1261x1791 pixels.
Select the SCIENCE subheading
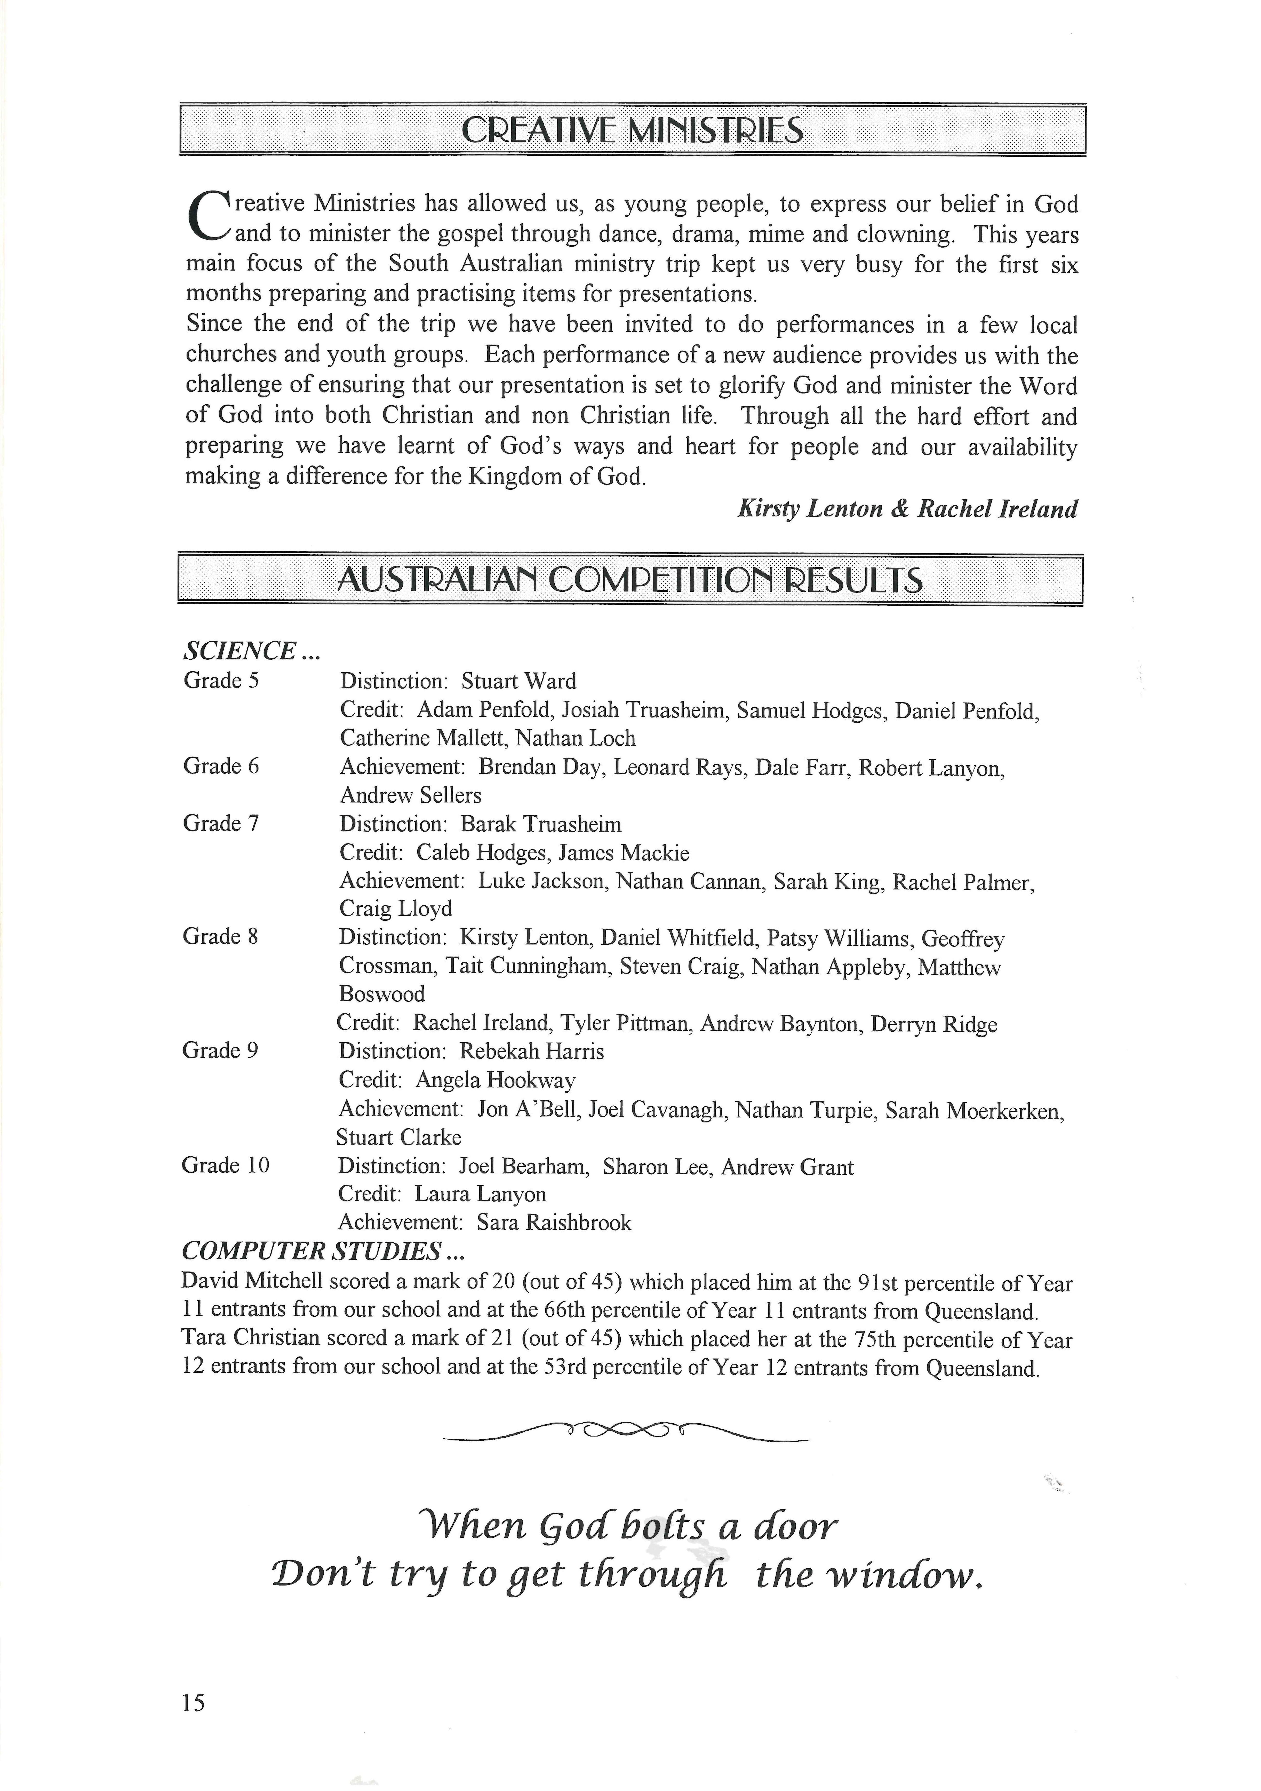click(251, 651)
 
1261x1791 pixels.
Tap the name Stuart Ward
click(518, 681)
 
